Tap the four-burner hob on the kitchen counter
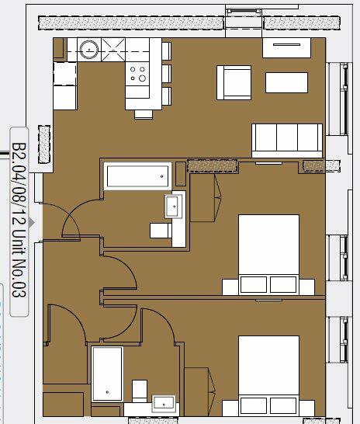tap(138, 74)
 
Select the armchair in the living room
tap(234, 82)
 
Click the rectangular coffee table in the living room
tap(286, 82)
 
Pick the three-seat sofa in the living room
tap(286, 139)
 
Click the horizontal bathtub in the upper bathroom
tap(137, 176)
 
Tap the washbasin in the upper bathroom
tap(172, 207)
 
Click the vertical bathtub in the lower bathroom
tap(107, 374)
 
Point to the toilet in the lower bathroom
tap(140, 389)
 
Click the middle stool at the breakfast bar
tap(165, 73)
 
